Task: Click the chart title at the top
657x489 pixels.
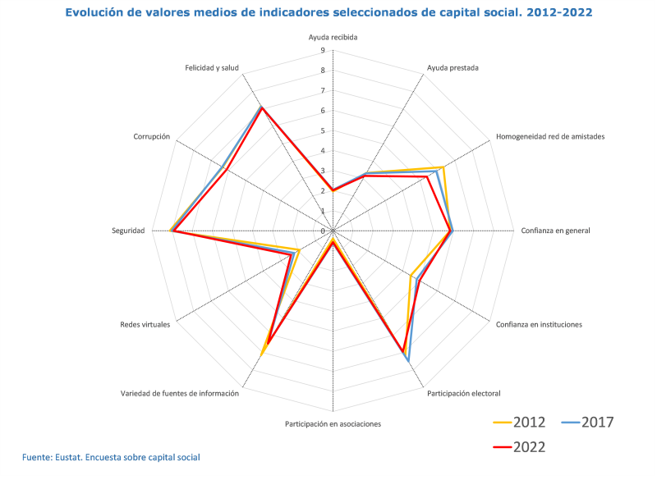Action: click(x=328, y=13)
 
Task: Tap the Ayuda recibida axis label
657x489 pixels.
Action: click(x=333, y=38)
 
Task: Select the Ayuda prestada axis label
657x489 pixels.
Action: click(x=453, y=68)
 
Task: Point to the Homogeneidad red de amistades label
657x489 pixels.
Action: click(x=550, y=137)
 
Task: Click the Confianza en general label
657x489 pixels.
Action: click(x=555, y=231)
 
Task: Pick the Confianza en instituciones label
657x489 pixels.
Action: click(x=539, y=325)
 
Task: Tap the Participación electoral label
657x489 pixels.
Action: click(x=463, y=394)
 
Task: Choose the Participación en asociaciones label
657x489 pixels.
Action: click(x=333, y=424)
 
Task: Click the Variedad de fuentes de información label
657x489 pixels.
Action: click(x=180, y=394)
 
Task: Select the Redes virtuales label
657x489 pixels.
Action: click(x=145, y=325)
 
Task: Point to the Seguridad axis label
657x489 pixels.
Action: click(x=128, y=231)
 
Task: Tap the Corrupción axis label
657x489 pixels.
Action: click(x=152, y=137)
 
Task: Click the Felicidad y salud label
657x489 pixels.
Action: click(x=212, y=68)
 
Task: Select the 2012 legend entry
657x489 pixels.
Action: click(x=520, y=423)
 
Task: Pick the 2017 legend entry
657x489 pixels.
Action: click(x=588, y=423)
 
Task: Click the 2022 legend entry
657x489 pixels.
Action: click(x=520, y=447)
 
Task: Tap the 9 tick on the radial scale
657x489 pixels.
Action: click(x=323, y=51)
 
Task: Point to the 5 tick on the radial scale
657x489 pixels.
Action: click(x=323, y=131)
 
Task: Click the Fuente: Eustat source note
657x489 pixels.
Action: click(x=111, y=457)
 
